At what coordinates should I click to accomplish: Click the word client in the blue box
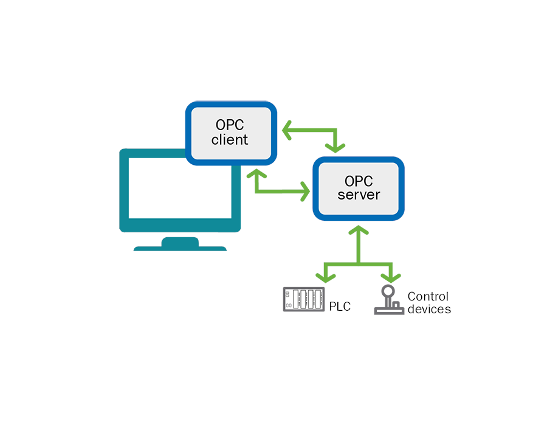pyautogui.click(x=230, y=140)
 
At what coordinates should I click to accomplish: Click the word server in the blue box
pyautogui.click(x=359, y=195)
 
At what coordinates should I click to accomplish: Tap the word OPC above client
pyautogui.click(x=230, y=125)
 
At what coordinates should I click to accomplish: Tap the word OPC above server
pyautogui.click(x=359, y=181)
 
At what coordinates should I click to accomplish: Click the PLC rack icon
pyautogui.click(x=304, y=299)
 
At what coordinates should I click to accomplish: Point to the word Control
pyautogui.click(x=428, y=296)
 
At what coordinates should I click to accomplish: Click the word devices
pyautogui.click(x=429, y=309)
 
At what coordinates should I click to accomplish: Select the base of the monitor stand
pyautogui.click(x=180, y=248)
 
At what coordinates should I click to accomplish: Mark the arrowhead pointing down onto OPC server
pyautogui.click(x=335, y=147)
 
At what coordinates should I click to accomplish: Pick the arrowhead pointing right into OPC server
pyautogui.click(x=304, y=192)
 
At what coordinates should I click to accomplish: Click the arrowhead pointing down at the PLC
pyautogui.click(x=326, y=277)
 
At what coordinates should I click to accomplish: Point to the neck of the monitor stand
pyautogui.click(x=180, y=241)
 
